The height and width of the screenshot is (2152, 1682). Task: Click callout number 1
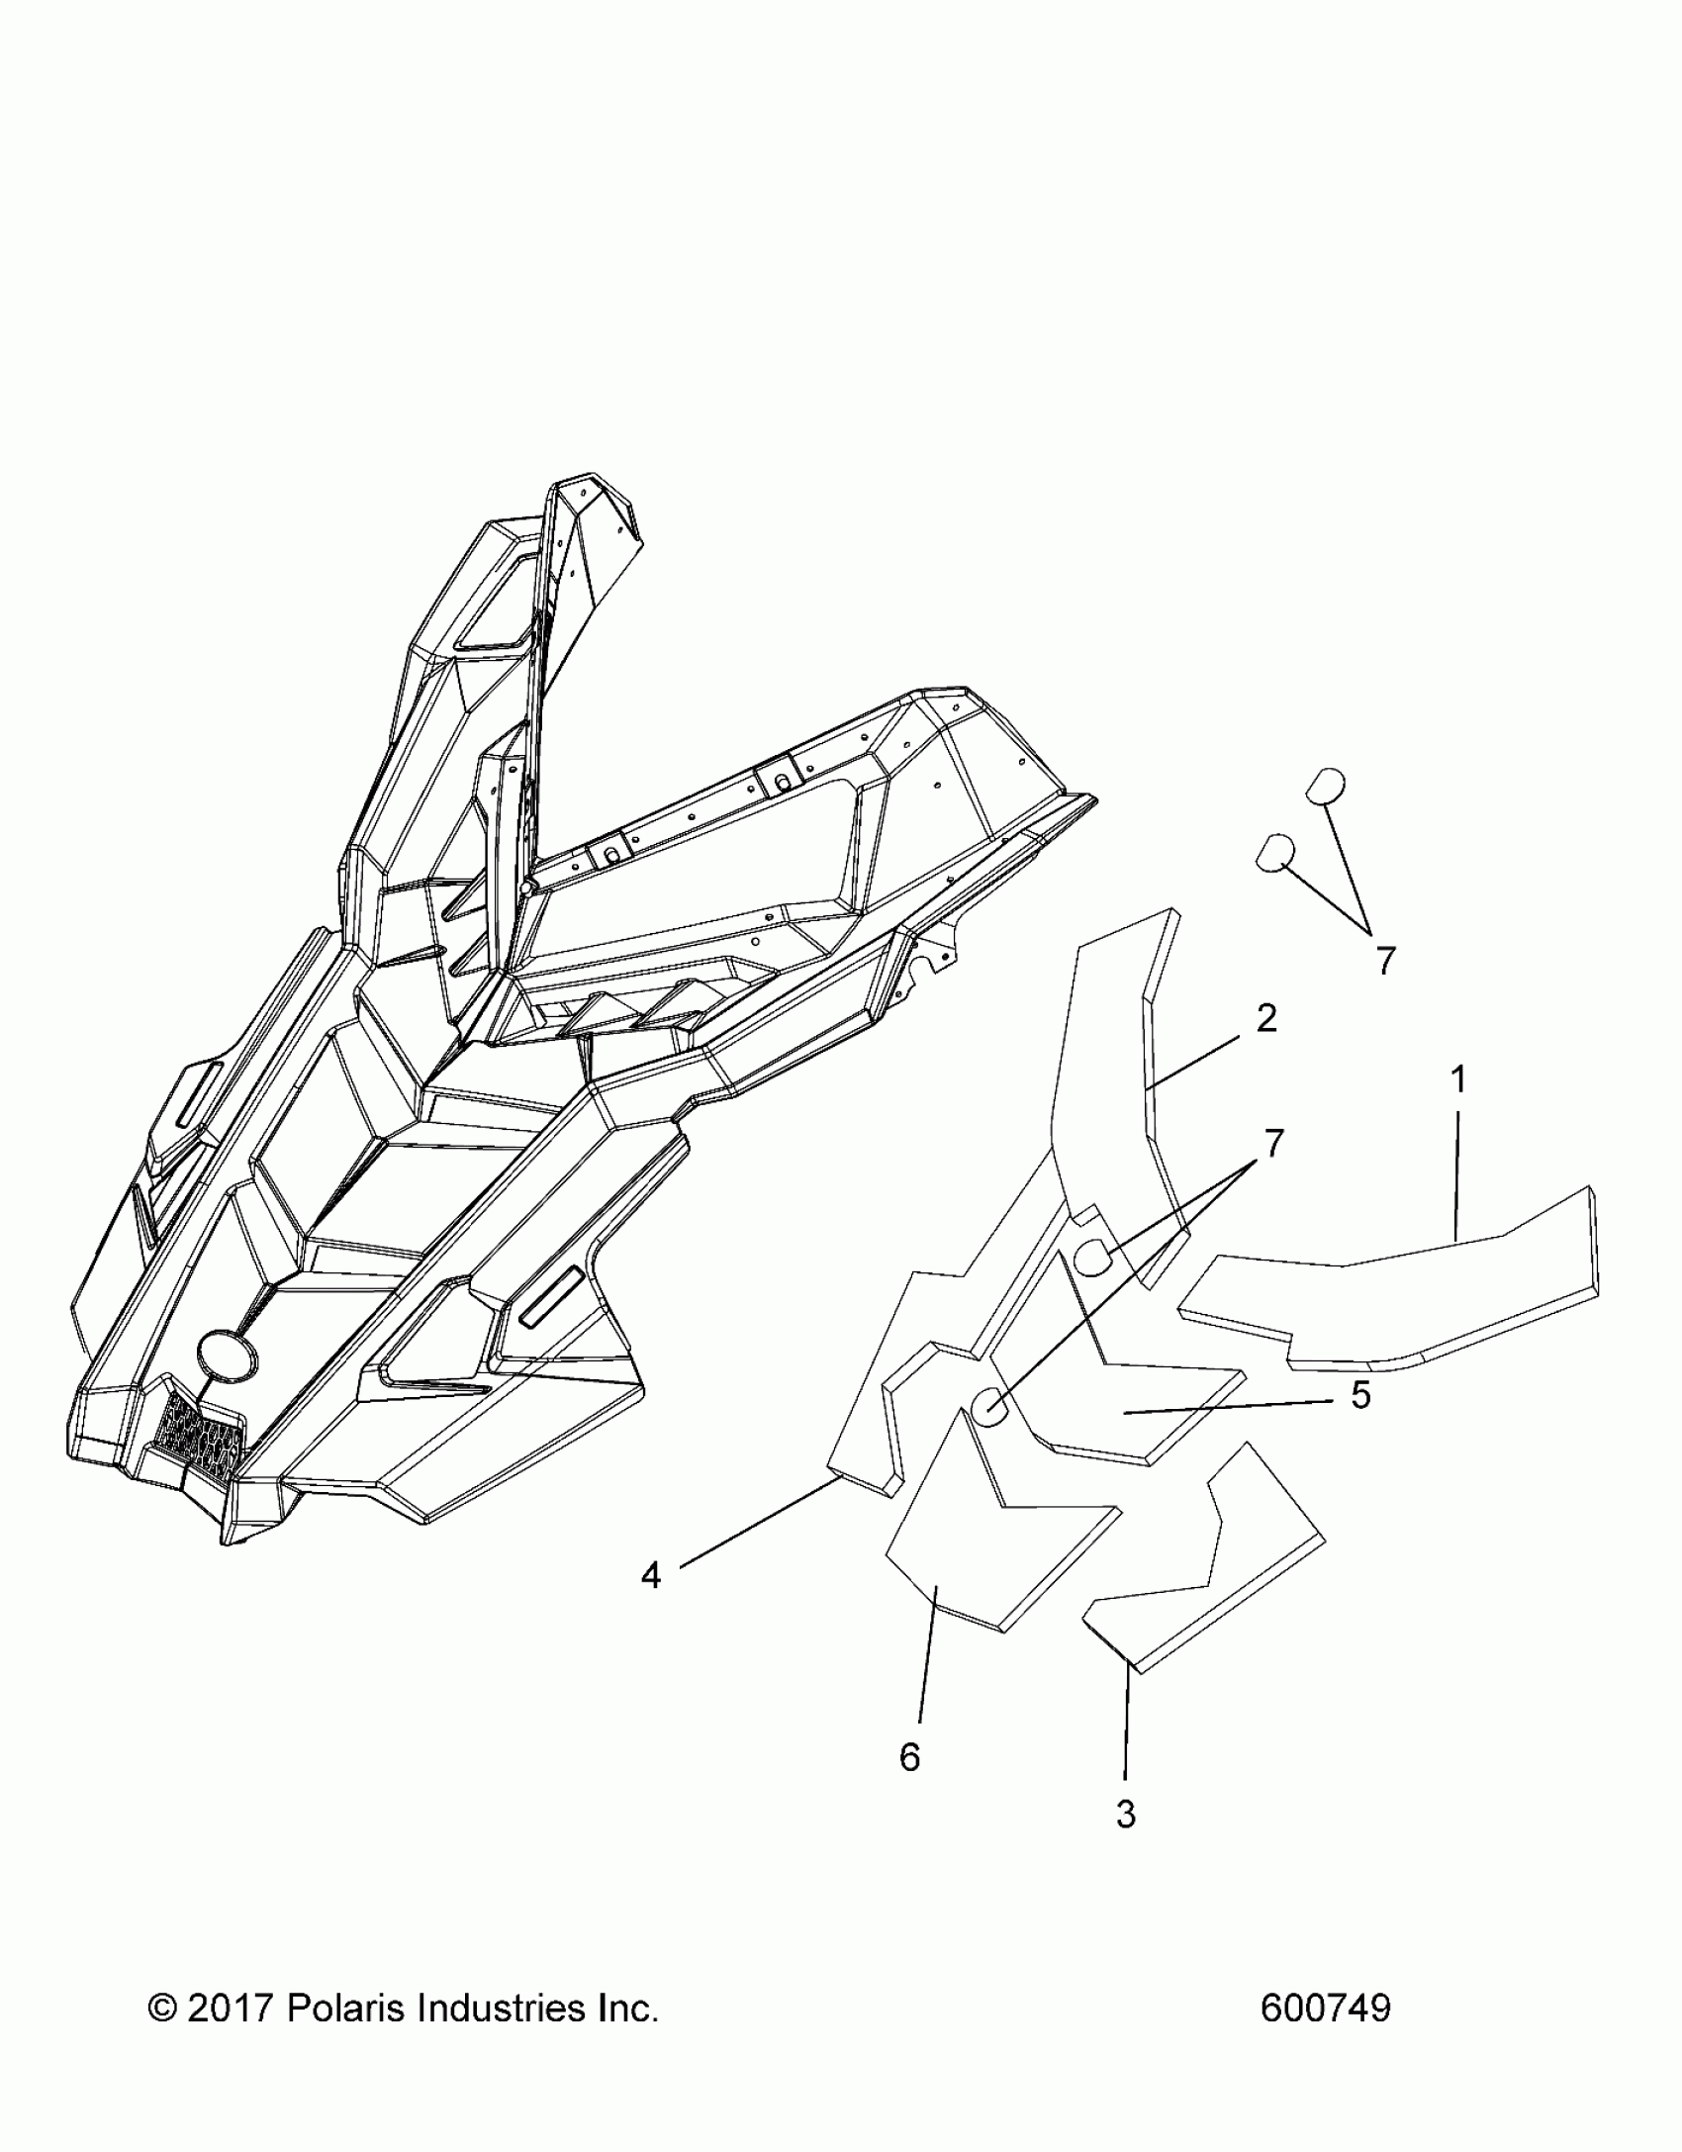coord(1457,1079)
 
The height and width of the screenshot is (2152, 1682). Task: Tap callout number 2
coord(1266,1018)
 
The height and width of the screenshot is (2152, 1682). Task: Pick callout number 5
coord(1360,1395)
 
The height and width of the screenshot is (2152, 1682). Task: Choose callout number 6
coord(909,1756)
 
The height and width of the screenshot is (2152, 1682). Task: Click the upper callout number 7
coord(1385,960)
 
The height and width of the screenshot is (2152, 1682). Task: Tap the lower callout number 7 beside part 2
coord(1273,1144)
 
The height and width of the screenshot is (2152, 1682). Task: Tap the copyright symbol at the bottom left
coord(161,2010)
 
